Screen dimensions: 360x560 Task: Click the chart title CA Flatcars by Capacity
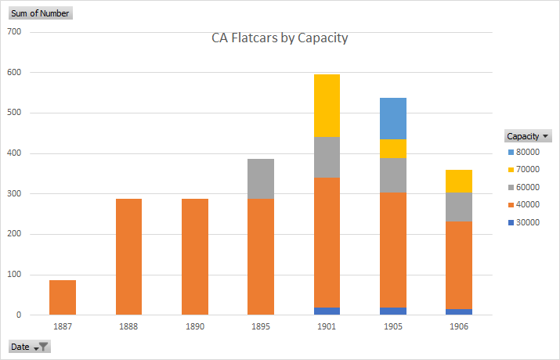280,38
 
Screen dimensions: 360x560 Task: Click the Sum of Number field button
39,13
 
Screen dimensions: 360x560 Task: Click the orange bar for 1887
63,297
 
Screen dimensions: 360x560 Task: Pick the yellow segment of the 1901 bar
327,106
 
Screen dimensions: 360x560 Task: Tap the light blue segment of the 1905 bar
393,118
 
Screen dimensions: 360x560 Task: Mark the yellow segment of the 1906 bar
459,181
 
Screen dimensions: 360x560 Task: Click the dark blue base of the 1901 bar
327,311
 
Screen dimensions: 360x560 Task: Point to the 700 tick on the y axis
13,32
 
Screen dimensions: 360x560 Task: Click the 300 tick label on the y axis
13,194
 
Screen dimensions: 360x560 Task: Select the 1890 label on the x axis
195,326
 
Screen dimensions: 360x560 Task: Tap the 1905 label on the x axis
393,326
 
